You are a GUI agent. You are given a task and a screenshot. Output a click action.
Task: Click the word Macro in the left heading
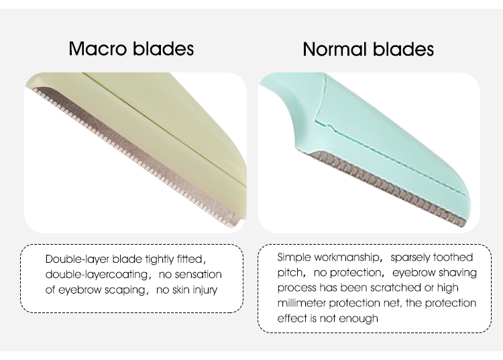tap(97, 48)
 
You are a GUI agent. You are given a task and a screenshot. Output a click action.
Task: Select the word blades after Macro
tap(163, 48)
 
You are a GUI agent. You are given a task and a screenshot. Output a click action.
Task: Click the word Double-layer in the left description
tap(77, 259)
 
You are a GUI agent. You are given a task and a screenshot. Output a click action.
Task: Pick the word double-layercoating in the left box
tap(97, 275)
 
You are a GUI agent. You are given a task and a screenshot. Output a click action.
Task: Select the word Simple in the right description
tap(294, 257)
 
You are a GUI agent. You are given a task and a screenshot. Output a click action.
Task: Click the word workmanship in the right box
tap(347, 257)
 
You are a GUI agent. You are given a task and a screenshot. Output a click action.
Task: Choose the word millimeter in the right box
tap(302, 303)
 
